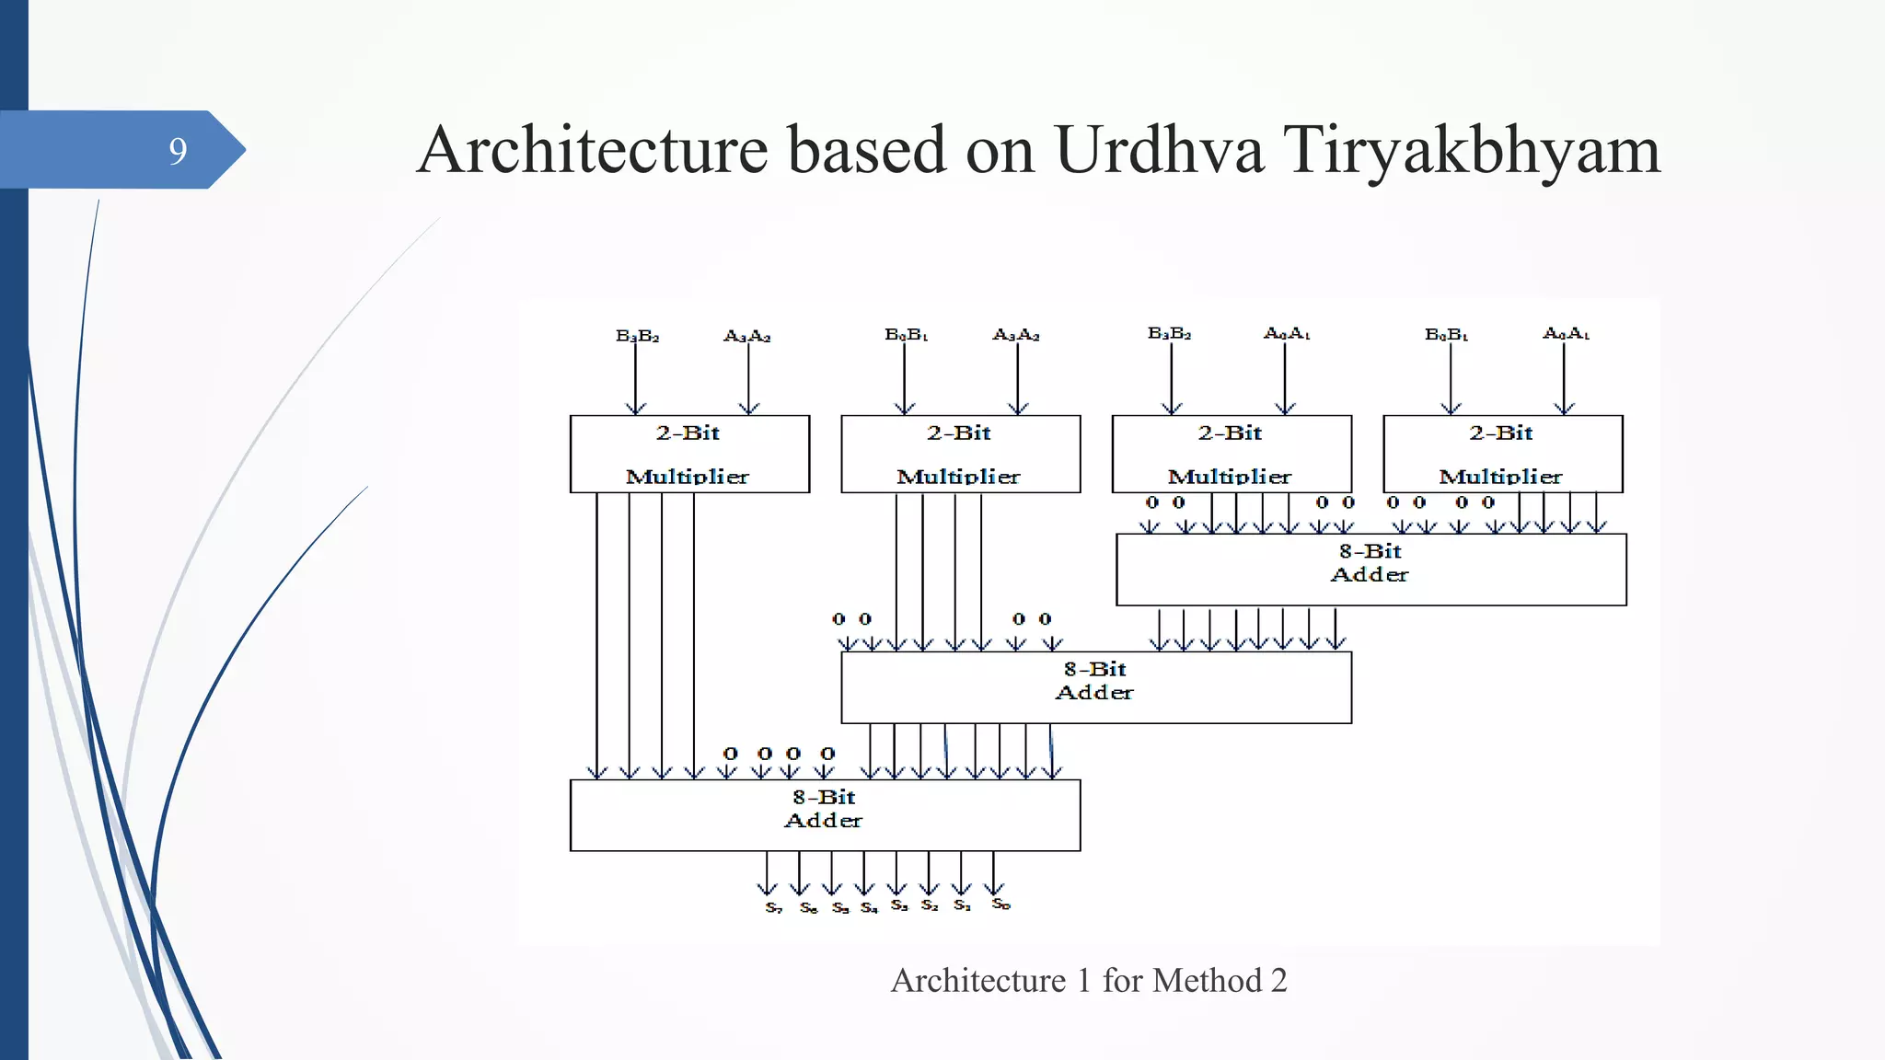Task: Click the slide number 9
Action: [x=178, y=151]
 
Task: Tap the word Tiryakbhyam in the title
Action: [x=1471, y=150]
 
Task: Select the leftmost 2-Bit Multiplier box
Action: [x=689, y=455]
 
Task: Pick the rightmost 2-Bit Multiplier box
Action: [x=1502, y=455]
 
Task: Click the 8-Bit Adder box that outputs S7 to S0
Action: [x=825, y=815]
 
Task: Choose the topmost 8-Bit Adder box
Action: [x=1370, y=570]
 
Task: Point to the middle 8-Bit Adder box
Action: [x=1095, y=687]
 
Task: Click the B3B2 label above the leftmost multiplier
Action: [x=637, y=337]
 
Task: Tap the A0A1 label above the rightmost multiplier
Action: [x=1566, y=333]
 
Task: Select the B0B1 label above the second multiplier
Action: [x=906, y=335]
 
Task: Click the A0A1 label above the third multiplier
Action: [x=1287, y=333]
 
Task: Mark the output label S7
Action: [x=773, y=907]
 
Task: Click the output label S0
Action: [x=1000, y=904]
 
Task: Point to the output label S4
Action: [x=869, y=907]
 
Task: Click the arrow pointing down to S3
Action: [x=896, y=873]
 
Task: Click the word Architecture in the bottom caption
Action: [x=977, y=981]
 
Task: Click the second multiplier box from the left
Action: [x=960, y=455]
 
